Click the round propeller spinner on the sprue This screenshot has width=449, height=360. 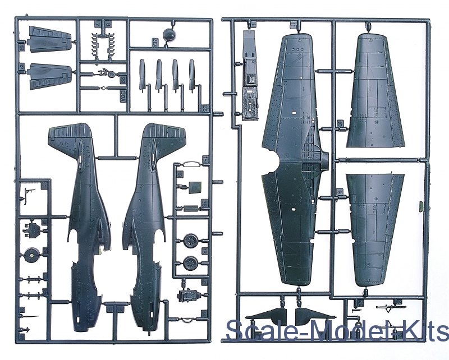pos(168,35)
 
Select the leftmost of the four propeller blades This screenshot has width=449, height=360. pos(142,73)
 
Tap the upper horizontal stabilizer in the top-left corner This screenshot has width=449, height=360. pos(50,39)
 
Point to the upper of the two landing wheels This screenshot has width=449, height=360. pos(190,242)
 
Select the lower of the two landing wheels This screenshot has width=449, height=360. pos(190,261)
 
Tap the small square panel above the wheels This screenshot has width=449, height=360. pos(195,187)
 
